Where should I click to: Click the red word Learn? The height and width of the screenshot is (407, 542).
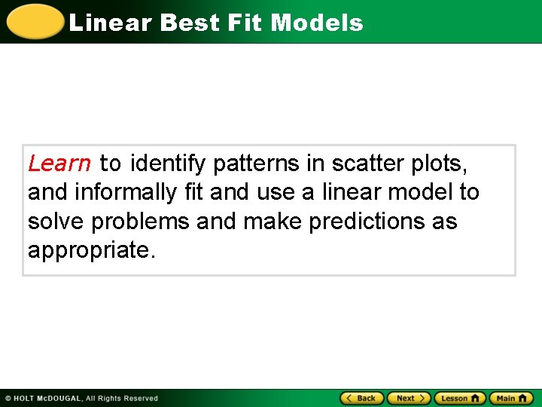pyautogui.click(x=59, y=164)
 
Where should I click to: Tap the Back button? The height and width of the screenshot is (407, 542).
pyautogui.click(x=362, y=398)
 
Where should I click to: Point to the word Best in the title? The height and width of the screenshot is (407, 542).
pyautogui.click(x=188, y=23)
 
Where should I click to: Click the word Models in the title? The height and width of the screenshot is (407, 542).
pyautogui.click(x=317, y=23)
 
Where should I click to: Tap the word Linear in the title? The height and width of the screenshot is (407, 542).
pyautogui.click(x=110, y=23)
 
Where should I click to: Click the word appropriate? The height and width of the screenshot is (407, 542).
pyautogui.click(x=90, y=251)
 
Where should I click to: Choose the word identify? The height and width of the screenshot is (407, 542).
pyautogui.click(x=169, y=164)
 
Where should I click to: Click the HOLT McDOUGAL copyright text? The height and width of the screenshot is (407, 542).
pyautogui.click(x=81, y=398)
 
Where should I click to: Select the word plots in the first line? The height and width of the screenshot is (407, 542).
pyautogui.click(x=443, y=164)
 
